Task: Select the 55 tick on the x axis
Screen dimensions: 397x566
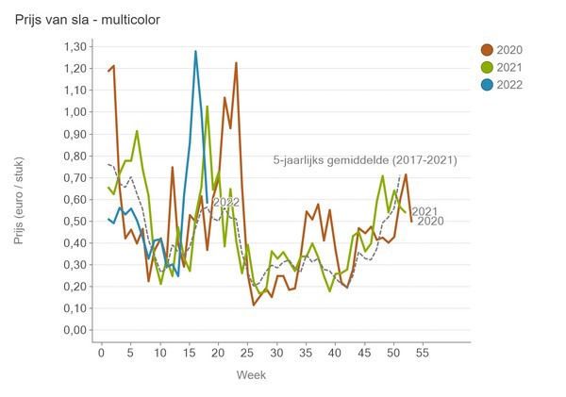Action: [x=423, y=353]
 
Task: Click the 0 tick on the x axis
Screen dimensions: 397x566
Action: [x=102, y=353]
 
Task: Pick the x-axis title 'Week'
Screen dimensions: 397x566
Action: [x=250, y=374]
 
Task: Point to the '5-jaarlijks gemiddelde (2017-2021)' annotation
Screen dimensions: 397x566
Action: [x=364, y=160]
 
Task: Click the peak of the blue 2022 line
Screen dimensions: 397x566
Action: [x=195, y=52]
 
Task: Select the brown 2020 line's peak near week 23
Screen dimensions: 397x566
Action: [x=236, y=63]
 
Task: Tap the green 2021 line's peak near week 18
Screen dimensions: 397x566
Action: [x=207, y=107]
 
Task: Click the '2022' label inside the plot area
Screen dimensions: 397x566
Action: [x=225, y=202]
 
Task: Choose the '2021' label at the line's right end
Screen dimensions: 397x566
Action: [x=424, y=211]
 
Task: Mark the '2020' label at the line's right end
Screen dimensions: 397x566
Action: [x=429, y=222]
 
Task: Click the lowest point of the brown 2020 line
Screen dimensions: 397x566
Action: [x=254, y=305]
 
